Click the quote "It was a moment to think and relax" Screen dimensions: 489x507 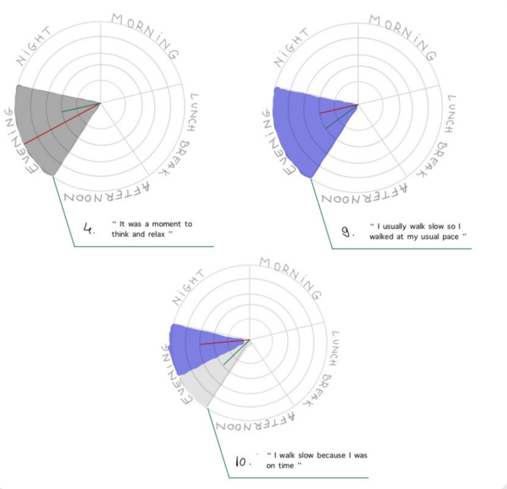152,229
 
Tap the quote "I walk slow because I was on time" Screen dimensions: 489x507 316,460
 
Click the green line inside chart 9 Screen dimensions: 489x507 341,117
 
